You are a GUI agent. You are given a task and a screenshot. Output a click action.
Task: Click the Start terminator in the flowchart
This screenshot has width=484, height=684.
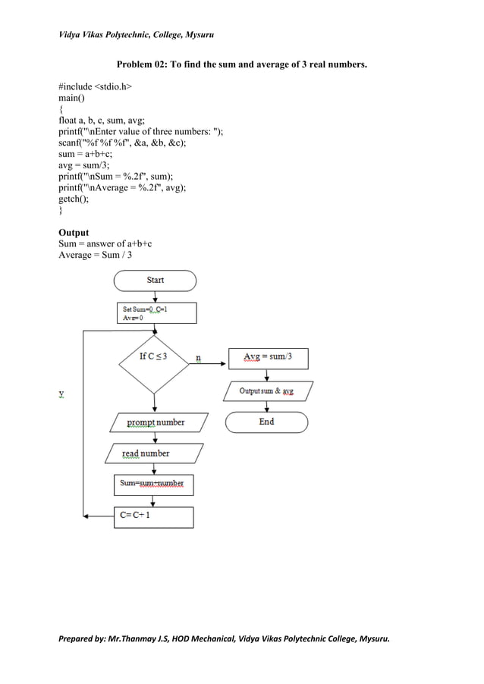pyautogui.click(x=155, y=280)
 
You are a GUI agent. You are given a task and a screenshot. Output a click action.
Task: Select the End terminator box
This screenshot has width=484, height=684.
pyautogui.click(x=266, y=422)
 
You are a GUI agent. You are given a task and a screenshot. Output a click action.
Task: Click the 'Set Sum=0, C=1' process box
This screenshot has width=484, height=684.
pyautogui.click(x=154, y=314)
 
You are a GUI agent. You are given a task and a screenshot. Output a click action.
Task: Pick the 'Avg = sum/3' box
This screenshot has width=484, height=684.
pyautogui.click(x=268, y=358)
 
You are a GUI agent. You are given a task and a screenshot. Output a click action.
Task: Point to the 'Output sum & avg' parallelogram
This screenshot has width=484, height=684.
pyautogui.click(x=267, y=391)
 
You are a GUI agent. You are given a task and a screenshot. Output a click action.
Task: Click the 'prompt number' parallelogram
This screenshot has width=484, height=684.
pyautogui.click(x=155, y=422)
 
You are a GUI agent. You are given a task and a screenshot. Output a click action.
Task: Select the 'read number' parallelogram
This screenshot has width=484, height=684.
pyautogui.click(x=146, y=453)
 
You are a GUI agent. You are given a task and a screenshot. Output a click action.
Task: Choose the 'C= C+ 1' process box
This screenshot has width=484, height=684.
pyautogui.click(x=153, y=516)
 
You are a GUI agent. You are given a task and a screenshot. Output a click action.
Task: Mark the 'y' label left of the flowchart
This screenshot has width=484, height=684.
pyautogui.click(x=61, y=394)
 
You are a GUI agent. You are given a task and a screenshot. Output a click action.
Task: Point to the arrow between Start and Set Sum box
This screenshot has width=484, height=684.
pyautogui.click(x=155, y=297)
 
